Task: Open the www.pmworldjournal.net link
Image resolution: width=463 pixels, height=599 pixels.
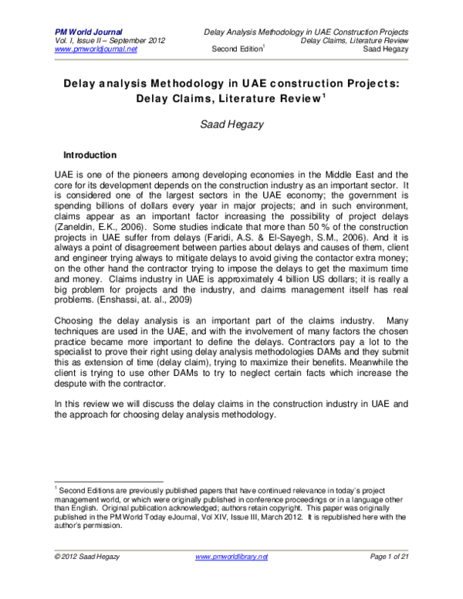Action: tap(96, 49)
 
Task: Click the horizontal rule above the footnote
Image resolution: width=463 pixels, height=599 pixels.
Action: tap(108, 482)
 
